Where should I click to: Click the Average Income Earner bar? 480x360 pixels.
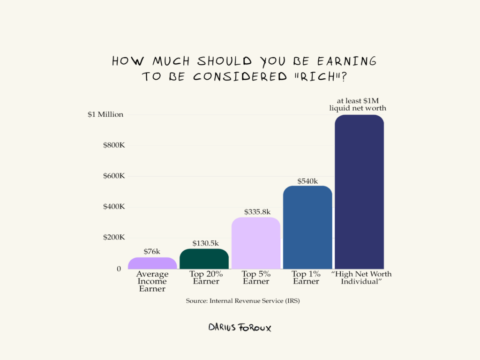(152, 263)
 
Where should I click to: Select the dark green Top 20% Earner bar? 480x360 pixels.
(204, 259)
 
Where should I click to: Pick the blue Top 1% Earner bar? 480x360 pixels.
(307, 227)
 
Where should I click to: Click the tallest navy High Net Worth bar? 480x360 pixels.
(360, 192)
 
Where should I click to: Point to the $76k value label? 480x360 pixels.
(152, 252)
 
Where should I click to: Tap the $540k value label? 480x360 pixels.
(307, 181)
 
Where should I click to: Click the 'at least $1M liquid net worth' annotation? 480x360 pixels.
(358, 105)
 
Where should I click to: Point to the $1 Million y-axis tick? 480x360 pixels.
(105, 114)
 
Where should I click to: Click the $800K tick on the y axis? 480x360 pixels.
(114, 145)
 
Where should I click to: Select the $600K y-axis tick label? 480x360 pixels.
(114, 176)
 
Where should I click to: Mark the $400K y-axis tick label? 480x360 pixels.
(114, 207)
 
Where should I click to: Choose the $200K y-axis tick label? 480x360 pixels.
(114, 238)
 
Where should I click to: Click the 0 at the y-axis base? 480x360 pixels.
(119, 269)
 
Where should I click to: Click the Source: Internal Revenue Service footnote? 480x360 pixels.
(242, 301)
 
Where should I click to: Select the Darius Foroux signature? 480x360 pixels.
(240, 327)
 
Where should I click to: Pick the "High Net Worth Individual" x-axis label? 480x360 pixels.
(361, 277)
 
